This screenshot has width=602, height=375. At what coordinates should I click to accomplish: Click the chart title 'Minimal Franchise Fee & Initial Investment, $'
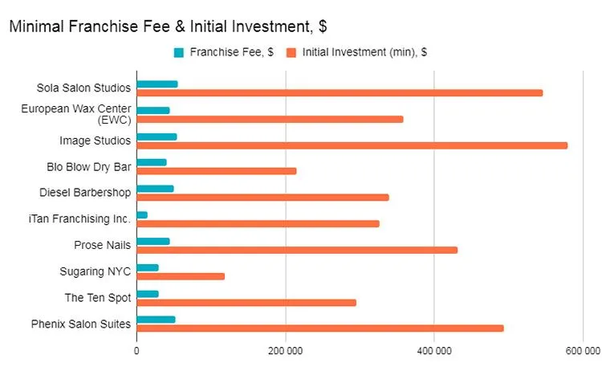tap(167, 26)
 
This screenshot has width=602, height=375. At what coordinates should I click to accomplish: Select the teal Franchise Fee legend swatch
tap(179, 53)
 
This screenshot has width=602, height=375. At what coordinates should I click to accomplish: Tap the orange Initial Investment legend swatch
tap(293, 53)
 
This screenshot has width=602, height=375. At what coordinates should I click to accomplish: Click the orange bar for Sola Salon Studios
tap(340, 93)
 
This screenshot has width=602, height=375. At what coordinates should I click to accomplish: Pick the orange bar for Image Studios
tap(352, 145)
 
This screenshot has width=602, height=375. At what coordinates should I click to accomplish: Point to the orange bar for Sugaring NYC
tap(181, 276)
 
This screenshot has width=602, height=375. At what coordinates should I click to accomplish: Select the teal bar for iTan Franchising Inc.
tap(142, 215)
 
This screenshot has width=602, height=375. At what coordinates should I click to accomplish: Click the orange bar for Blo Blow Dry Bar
tap(217, 171)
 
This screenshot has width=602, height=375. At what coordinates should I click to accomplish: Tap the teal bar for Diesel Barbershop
tap(155, 190)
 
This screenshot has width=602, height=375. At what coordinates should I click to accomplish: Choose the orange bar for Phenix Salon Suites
tap(320, 328)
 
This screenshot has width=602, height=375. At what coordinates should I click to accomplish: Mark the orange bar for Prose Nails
tap(297, 250)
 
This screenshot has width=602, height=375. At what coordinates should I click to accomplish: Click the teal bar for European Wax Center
tap(153, 111)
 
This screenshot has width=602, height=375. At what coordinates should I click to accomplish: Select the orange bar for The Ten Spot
tap(246, 303)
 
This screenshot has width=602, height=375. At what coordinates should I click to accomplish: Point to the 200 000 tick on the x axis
tap(285, 350)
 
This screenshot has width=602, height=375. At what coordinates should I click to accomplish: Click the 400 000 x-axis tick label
tap(434, 350)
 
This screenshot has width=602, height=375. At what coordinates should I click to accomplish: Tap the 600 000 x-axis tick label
tap(582, 350)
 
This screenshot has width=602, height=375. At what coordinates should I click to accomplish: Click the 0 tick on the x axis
tap(136, 350)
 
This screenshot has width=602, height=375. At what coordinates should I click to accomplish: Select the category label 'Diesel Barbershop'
tap(85, 193)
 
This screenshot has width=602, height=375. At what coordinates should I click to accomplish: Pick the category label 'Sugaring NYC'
tap(95, 271)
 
